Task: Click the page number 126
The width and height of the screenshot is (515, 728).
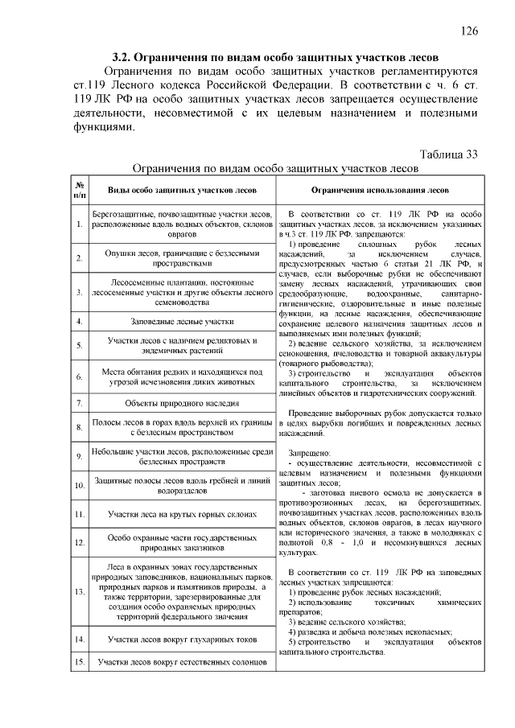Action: point(469,31)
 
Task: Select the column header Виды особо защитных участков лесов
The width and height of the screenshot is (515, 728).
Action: point(183,191)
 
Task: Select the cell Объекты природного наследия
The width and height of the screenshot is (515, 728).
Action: point(183,402)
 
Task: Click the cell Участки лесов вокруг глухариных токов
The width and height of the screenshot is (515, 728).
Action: point(183,640)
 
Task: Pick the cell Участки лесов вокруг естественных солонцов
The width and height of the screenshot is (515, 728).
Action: point(183,664)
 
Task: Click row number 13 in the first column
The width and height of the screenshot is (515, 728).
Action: point(80,591)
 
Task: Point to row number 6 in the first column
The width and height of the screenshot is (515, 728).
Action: point(80,376)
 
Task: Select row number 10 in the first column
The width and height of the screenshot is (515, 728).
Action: point(80,486)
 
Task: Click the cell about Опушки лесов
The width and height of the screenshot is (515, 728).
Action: point(183,257)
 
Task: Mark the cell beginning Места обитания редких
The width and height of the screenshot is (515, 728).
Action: point(183,376)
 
